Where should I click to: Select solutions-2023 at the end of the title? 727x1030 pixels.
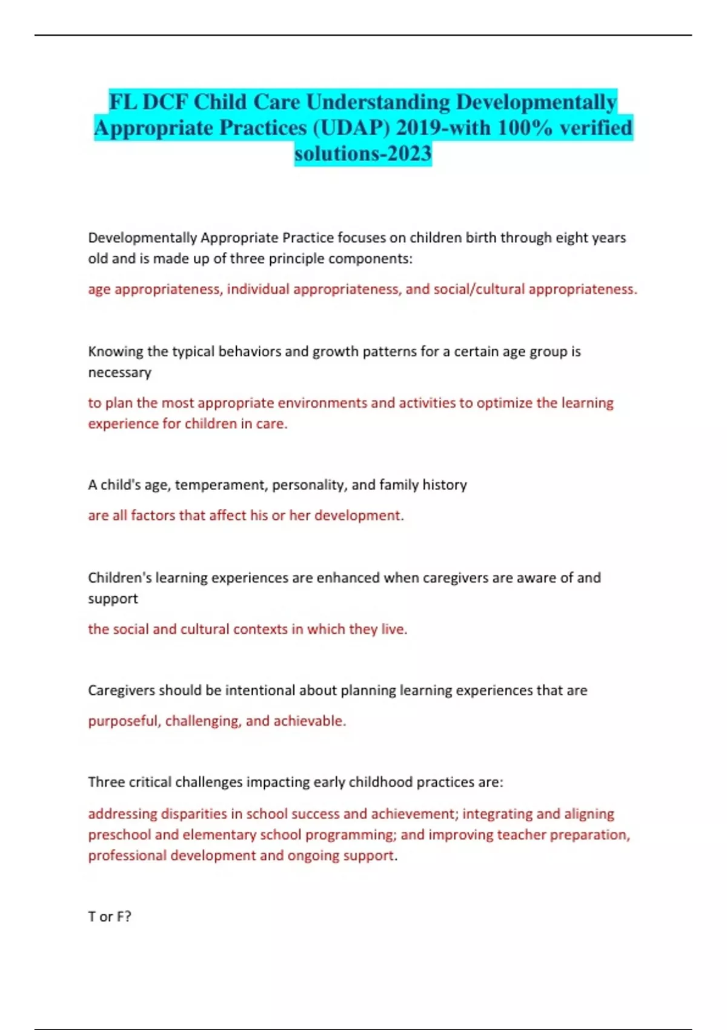(363, 154)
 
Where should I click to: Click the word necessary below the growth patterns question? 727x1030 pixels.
(119, 373)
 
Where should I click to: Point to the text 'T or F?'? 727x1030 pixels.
(110, 917)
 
